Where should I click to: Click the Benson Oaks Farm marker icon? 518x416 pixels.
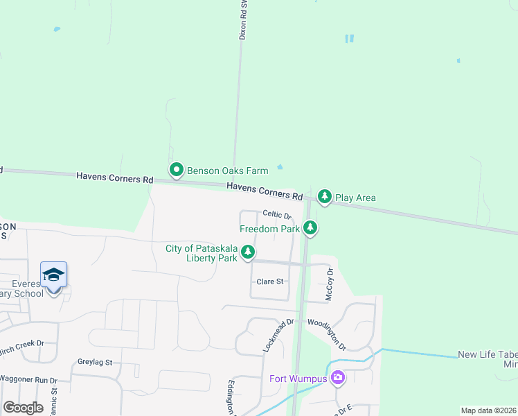click(x=177, y=169)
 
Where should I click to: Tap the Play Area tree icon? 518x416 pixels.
click(x=324, y=197)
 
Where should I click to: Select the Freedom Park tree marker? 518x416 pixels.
click(x=310, y=227)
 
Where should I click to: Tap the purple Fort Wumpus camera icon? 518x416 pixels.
click(x=337, y=378)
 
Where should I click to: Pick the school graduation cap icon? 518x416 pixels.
click(x=53, y=275)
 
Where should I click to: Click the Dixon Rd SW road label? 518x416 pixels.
click(x=243, y=19)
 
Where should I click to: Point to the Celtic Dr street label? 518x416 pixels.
click(x=277, y=216)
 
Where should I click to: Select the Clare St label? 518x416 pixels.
click(x=270, y=281)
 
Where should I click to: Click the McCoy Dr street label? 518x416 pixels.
click(x=330, y=284)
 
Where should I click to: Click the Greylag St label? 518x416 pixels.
click(x=95, y=362)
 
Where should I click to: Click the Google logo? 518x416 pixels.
click(x=23, y=408)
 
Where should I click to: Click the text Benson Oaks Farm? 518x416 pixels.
click(x=218, y=170)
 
